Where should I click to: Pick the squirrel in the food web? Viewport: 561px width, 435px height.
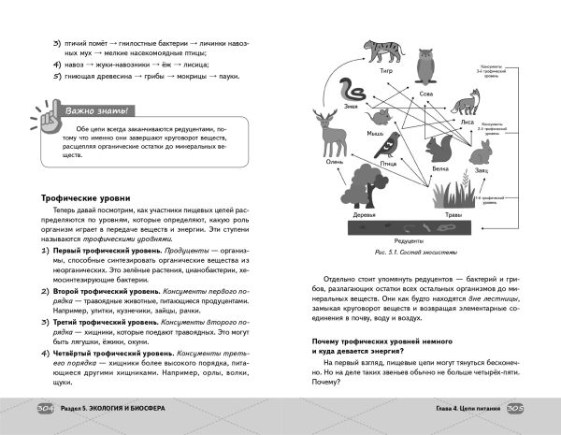click(439, 148)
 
